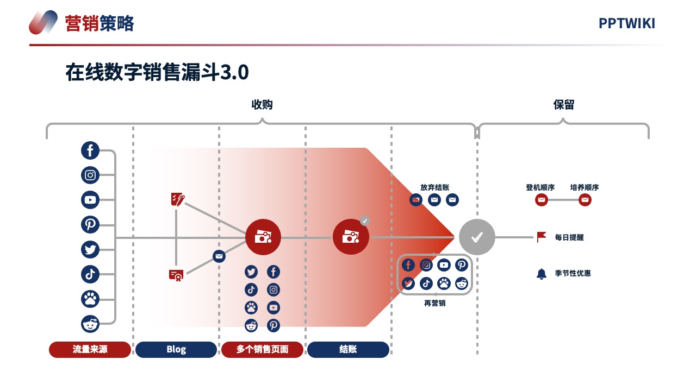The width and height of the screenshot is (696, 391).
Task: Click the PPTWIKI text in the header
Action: pos(627,23)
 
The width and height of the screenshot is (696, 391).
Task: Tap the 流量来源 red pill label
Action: pos(90,349)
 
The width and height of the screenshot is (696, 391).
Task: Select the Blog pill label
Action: pos(176,349)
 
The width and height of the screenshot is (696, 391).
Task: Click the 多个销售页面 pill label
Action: pos(262,349)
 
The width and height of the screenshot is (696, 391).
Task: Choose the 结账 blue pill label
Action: pos(348,349)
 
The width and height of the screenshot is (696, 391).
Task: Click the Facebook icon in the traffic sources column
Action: pos(90,150)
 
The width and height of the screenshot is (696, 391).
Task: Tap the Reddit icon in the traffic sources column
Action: pos(90,324)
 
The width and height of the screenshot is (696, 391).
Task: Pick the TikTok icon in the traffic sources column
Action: pos(90,274)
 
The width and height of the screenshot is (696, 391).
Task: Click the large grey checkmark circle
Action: pos(477,237)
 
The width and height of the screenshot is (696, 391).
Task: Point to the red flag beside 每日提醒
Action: pos(541,237)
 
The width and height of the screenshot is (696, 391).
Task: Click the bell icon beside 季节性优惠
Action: pos(541,274)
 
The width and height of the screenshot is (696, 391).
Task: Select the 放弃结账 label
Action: pos(434,187)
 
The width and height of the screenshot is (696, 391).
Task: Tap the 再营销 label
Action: pos(434,303)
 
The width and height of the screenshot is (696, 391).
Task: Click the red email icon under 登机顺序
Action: pos(541,200)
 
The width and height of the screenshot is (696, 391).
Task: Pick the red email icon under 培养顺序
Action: pos(585,200)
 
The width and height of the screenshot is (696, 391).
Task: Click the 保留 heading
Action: pos(564,105)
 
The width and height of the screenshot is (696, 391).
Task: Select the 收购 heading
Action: pos(262,105)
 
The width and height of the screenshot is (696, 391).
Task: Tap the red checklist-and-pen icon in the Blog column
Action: pos(178,199)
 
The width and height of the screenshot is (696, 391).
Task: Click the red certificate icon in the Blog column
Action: pos(176,275)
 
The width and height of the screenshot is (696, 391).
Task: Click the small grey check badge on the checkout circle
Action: pos(365,220)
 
